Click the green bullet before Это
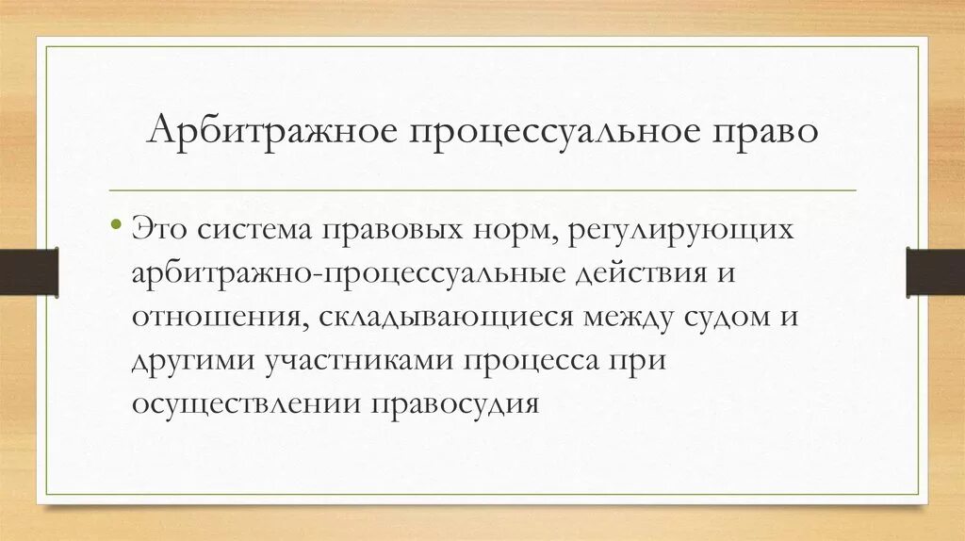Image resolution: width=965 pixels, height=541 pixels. [x=116, y=226]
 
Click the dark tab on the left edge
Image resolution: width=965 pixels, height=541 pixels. [x=28, y=270]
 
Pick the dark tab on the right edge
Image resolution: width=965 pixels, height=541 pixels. [x=935, y=270]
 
